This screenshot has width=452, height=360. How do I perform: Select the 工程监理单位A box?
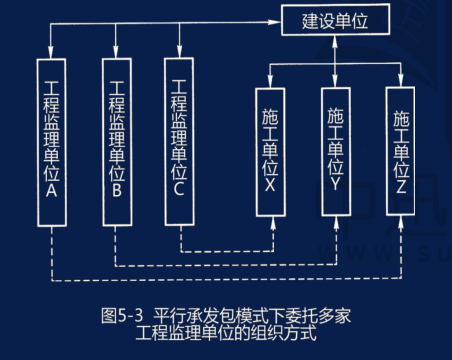(52, 142)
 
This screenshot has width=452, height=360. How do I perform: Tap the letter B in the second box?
(117, 187)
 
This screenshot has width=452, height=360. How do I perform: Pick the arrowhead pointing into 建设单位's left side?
(280, 19)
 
